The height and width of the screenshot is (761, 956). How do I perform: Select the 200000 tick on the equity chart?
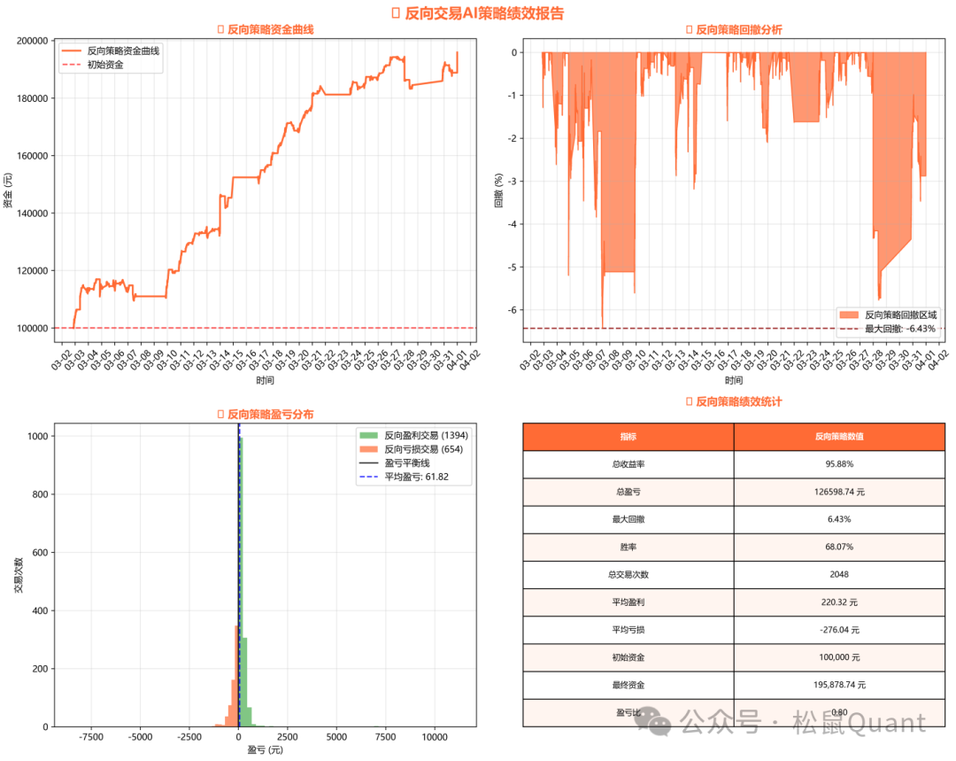[x=32, y=41]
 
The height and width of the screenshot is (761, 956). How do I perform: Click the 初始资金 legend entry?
[x=104, y=65]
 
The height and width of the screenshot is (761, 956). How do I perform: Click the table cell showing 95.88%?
[x=839, y=463]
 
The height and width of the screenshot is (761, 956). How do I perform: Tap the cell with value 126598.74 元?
[x=839, y=492]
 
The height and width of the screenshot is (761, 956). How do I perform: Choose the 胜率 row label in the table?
[x=628, y=547]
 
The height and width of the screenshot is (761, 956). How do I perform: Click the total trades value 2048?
[x=839, y=574]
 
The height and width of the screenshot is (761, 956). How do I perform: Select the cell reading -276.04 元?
[x=839, y=630]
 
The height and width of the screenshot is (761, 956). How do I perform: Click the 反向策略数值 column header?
[x=839, y=436]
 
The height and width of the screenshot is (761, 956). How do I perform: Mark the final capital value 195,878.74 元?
[x=839, y=685]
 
